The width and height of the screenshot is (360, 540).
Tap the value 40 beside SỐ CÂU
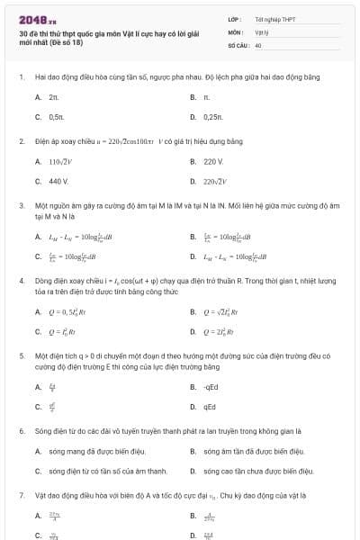(258, 44)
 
